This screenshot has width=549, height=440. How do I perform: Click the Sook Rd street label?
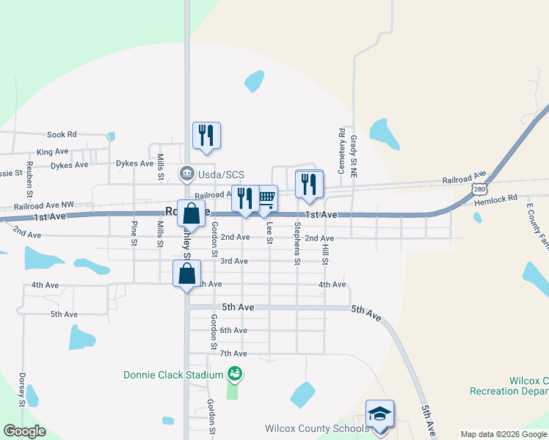click(62, 135)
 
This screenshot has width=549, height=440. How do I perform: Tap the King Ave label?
click(52, 152)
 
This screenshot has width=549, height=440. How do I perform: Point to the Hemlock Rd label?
click(501, 198)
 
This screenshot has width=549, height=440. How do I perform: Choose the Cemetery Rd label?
click(341, 151)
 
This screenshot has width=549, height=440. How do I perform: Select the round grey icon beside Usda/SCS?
click(187, 174)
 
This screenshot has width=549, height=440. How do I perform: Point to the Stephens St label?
click(297, 243)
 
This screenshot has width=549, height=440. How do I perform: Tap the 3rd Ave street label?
click(234, 261)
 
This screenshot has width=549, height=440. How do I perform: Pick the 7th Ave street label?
click(233, 354)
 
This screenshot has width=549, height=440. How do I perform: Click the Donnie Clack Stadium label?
click(172, 375)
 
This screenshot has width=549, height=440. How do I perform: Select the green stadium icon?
click(235, 375)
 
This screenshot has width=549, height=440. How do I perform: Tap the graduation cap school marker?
click(379, 415)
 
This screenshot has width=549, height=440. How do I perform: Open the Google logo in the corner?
click(24, 431)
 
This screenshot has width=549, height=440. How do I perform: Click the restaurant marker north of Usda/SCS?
click(206, 135)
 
